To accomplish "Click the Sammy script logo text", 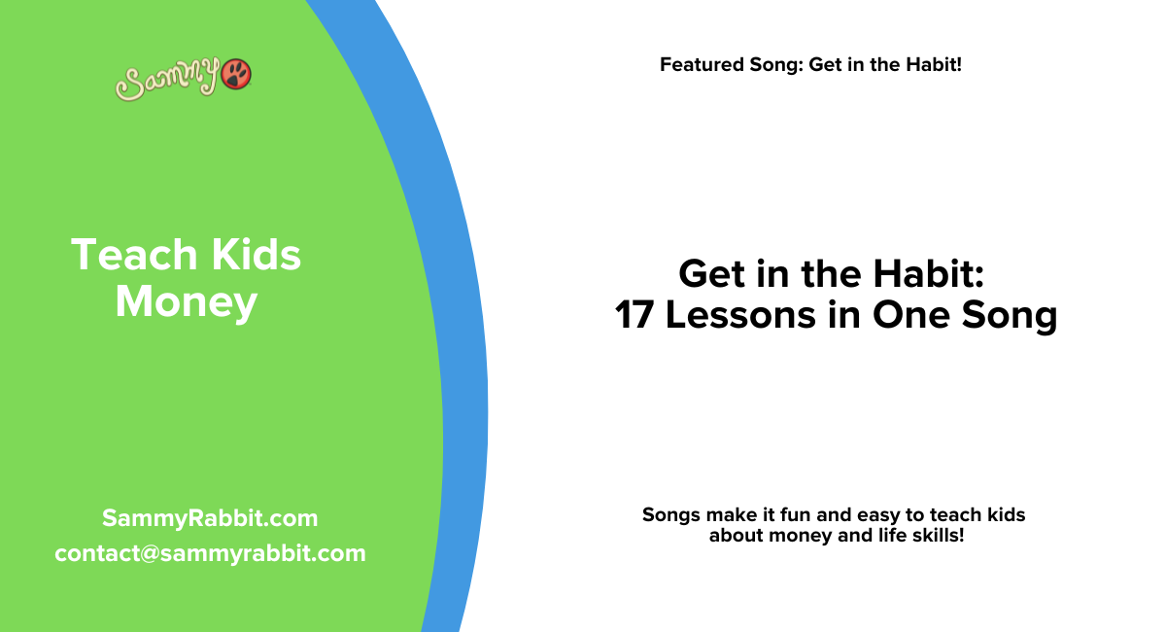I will pos(167,81).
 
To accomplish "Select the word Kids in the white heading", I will pos(253,255).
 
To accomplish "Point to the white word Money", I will pos(186,302).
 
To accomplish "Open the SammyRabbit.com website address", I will pos(210,518).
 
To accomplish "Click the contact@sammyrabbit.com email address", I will pos(210,553).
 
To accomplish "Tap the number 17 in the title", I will pos(635,316).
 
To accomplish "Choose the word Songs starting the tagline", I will pos(671,514).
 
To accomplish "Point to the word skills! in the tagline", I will pos(935,535).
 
